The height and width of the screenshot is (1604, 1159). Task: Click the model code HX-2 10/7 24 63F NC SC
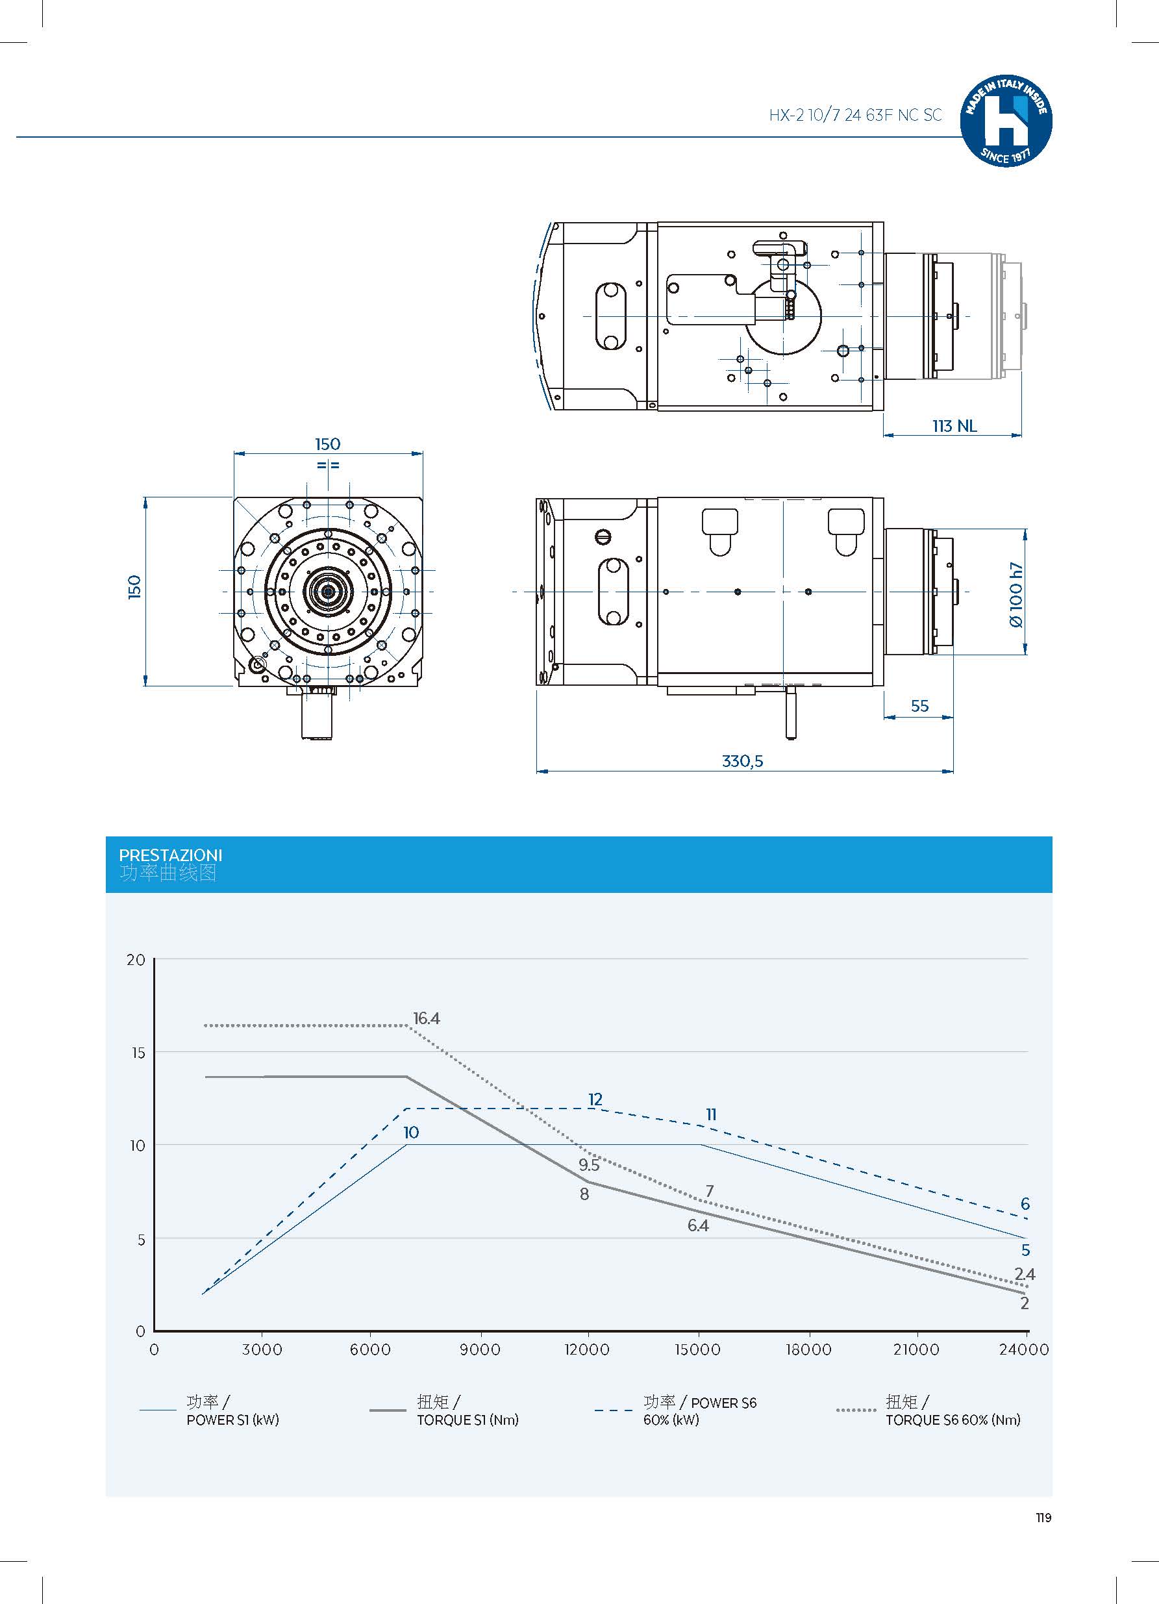click(x=855, y=116)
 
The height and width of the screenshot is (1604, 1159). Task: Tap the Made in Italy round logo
click(x=1006, y=121)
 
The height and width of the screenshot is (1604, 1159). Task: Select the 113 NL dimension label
click(x=954, y=426)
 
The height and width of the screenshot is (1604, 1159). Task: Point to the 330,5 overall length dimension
click(x=742, y=761)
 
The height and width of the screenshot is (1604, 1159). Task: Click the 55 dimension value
click(x=919, y=706)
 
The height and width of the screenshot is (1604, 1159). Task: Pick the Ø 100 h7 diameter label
click(x=1016, y=595)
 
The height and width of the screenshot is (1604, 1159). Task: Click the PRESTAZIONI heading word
click(x=170, y=855)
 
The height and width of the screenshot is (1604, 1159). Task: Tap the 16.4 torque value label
click(x=427, y=1018)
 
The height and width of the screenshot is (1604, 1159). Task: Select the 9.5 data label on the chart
click(x=588, y=1165)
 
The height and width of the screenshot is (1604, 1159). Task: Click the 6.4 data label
click(x=698, y=1225)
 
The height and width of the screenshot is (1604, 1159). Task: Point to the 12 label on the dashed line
click(x=595, y=1099)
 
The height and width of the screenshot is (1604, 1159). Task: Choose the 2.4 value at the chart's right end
click(x=1024, y=1274)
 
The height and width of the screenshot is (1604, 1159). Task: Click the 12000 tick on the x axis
click(x=587, y=1349)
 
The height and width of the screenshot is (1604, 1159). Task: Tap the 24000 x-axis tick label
click(x=1023, y=1349)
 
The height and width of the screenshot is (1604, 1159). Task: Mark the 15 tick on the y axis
click(x=138, y=1053)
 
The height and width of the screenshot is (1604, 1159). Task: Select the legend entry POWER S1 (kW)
click(x=232, y=1420)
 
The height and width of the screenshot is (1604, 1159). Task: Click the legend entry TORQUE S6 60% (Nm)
click(x=953, y=1420)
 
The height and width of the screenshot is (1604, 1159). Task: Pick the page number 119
click(x=1043, y=1518)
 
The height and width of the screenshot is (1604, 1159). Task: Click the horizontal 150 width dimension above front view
click(x=327, y=444)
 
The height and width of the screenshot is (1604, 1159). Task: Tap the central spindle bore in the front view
click(x=328, y=590)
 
